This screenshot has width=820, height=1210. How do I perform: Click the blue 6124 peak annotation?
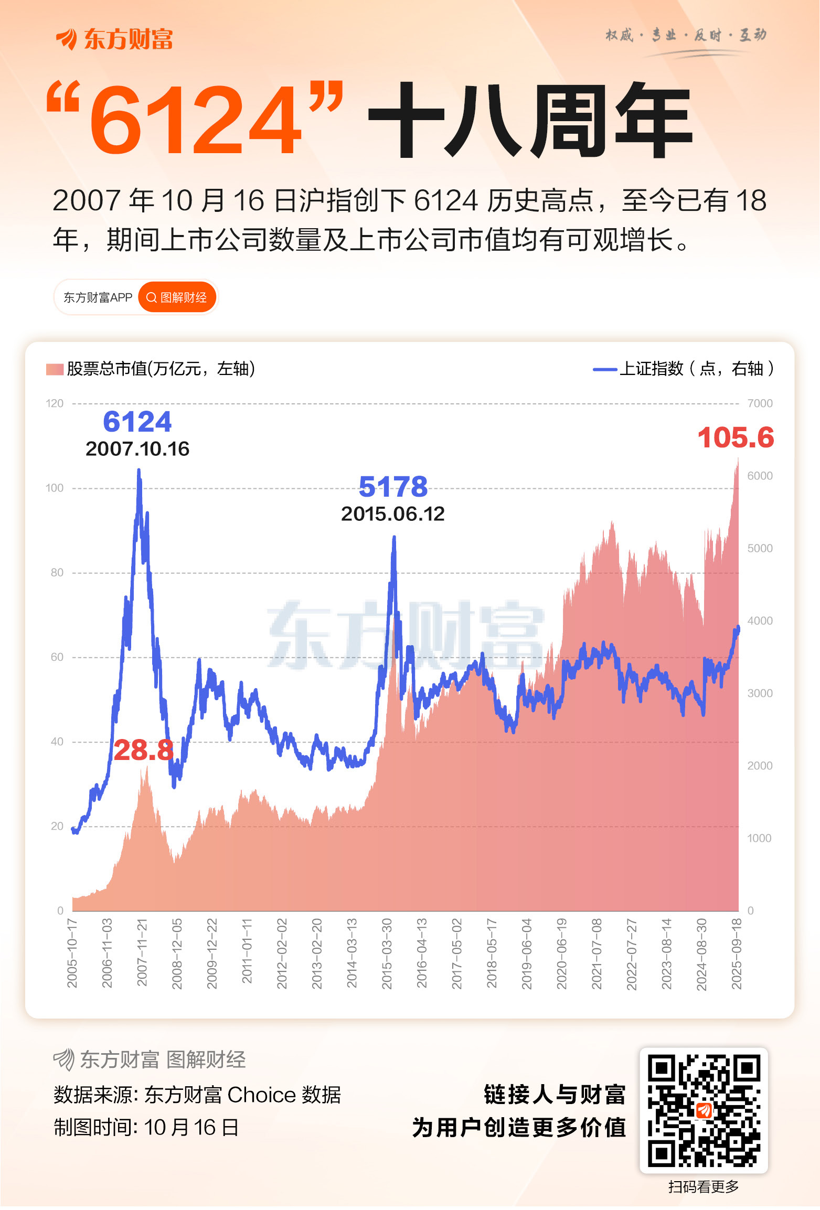137,422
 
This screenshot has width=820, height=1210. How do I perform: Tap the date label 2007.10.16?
137,449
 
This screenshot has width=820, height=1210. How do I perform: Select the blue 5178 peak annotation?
393,487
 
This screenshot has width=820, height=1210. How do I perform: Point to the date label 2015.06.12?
392,514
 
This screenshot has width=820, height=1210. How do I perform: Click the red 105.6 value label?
735,438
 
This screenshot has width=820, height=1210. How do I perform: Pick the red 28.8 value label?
143,750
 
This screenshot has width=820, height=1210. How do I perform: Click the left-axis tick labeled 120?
55,403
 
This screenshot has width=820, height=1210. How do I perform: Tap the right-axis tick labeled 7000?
760,403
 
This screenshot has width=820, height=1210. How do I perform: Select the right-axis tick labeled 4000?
760,620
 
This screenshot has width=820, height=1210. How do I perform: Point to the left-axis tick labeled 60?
57,657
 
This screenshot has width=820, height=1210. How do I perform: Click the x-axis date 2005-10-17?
72,953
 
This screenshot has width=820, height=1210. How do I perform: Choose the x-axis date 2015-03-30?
387,953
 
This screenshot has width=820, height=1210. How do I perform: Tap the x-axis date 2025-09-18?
737,953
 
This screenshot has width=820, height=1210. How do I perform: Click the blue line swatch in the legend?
604,369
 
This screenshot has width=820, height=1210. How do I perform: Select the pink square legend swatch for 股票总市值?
55,369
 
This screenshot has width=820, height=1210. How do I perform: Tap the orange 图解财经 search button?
177,297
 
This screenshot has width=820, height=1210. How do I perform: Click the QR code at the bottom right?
704,1110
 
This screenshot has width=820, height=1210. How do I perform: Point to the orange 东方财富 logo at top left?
114,39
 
